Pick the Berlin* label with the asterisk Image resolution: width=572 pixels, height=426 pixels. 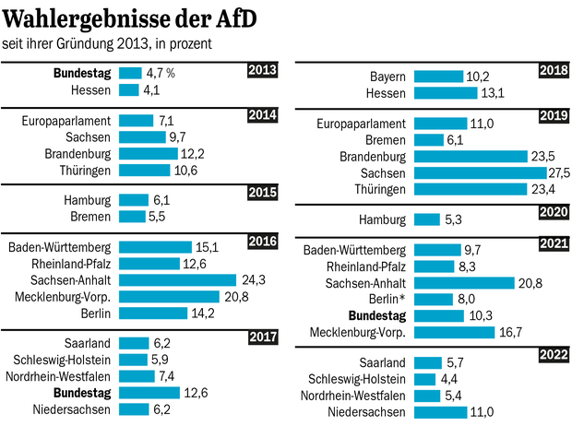[385, 300]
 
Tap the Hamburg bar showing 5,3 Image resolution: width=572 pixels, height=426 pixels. [427, 219]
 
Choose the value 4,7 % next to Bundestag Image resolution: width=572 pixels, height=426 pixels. [161, 73]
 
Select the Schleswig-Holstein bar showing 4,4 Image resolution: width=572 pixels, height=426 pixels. [425, 379]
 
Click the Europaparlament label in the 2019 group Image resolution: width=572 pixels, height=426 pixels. [362, 123]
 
